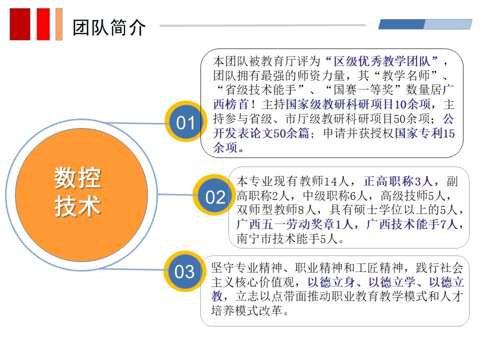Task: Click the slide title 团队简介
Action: [x=109, y=27]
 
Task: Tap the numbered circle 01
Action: [x=186, y=121]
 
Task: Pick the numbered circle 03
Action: [x=184, y=271]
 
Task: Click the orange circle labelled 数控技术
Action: [x=81, y=194]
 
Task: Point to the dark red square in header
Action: [x=20, y=24]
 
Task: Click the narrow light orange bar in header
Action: [x=59, y=24]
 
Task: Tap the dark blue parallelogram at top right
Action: [x=401, y=24]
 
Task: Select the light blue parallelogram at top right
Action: [x=448, y=24]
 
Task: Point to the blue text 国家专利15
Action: [x=425, y=133]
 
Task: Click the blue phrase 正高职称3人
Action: [x=398, y=181]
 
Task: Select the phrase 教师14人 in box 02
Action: [x=324, y=181]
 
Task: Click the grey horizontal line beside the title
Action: [x=262, y=25]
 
